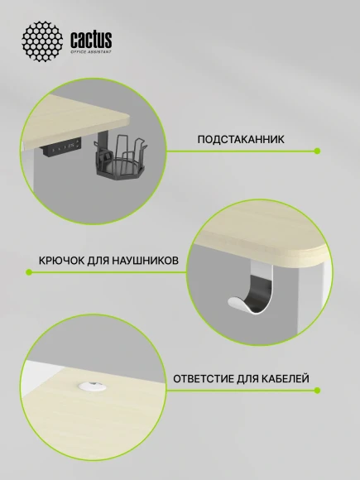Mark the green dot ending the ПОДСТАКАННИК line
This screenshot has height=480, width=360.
click(x=318, y=151)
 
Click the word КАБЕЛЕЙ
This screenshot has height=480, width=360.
click(x=286, y=379)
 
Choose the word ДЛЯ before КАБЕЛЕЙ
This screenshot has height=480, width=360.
click(x=247, y=379)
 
